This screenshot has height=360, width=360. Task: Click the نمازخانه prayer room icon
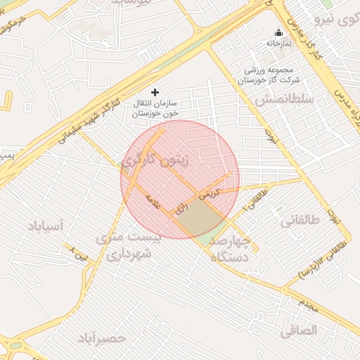click(278, 32)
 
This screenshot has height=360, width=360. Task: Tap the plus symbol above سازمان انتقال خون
click(155, 92)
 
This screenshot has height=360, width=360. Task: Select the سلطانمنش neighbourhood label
click(283, 99)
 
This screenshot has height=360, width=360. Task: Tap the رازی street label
click(182, 207)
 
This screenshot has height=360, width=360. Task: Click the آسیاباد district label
click(46, 226)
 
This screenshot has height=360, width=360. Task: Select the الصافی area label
click(298, 329)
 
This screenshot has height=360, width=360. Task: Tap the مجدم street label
click(308, 304)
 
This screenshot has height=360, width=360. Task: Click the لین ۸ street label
click(79, 252)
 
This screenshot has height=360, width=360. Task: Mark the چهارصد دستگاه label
click(231, 249)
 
